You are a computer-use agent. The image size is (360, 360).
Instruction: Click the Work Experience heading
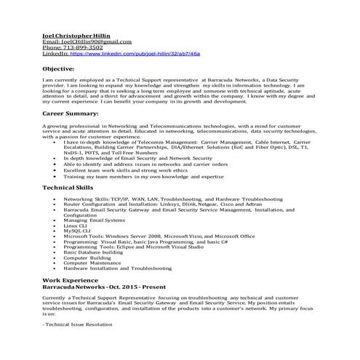click(x=70, y=279)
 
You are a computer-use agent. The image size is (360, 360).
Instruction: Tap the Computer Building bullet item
click(x=87, y=257)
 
